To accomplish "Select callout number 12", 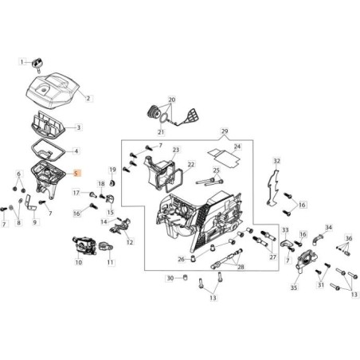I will [x=130, y=241].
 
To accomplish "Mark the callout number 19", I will [x=112, y=170].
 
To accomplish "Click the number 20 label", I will [x=170, y=100].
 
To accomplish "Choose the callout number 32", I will [x=277, y=161].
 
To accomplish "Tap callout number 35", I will [x=294, y=288].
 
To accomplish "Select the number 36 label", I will [x=348, y=238].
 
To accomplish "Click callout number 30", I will [x=169, y=278].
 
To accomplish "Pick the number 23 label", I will [x=176, y=149].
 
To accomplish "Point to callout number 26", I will [x=182, y=259].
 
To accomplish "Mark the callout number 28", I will [x=241, y=267].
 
